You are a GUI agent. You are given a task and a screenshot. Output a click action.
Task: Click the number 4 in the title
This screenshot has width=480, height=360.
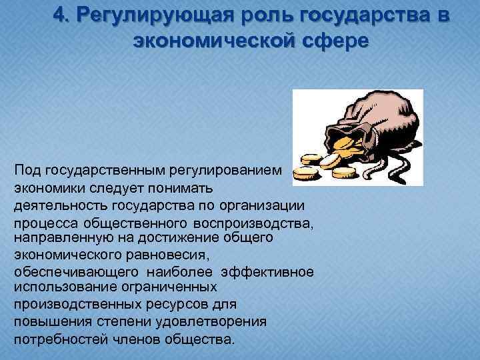click(61, 16)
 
